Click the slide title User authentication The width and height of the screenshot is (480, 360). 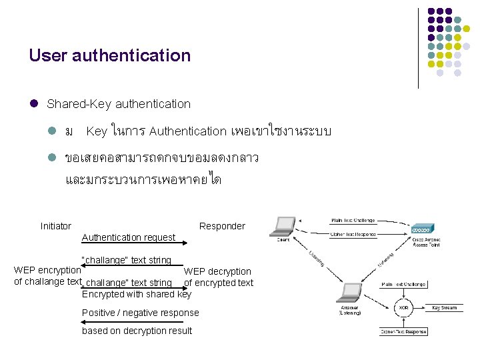(x=109, y=55)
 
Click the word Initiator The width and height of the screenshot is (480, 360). (x=56, y=226)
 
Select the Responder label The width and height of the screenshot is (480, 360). (x=222, y=226)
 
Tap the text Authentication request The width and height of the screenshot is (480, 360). (x=128, y=237)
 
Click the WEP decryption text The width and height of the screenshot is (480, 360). (x=217, y=271)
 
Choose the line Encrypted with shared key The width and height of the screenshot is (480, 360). (x=136, y=294)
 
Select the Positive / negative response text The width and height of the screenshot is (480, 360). (x=140, y=313)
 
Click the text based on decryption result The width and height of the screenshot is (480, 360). (x=137, y=331)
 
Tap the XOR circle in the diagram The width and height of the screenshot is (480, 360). (x=403, y=308)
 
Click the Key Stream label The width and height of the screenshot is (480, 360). (x=445, y=308)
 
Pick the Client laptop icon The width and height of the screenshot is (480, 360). (x=283, y=227)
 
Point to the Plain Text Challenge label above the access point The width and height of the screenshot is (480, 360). (x=353, y=220)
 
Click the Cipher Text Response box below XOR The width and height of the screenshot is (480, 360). (x=404, y=331)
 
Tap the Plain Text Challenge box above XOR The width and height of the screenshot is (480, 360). (x=403, y=285)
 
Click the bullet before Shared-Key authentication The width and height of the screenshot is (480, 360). (x=33, y=104)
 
